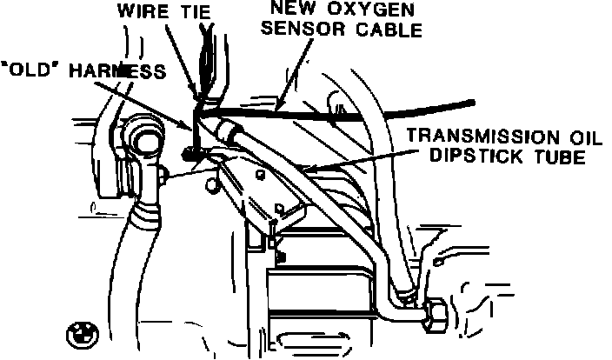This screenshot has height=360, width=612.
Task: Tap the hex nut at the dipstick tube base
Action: click(434, 315)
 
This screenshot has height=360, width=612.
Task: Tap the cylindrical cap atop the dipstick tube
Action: click(228, 132)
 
